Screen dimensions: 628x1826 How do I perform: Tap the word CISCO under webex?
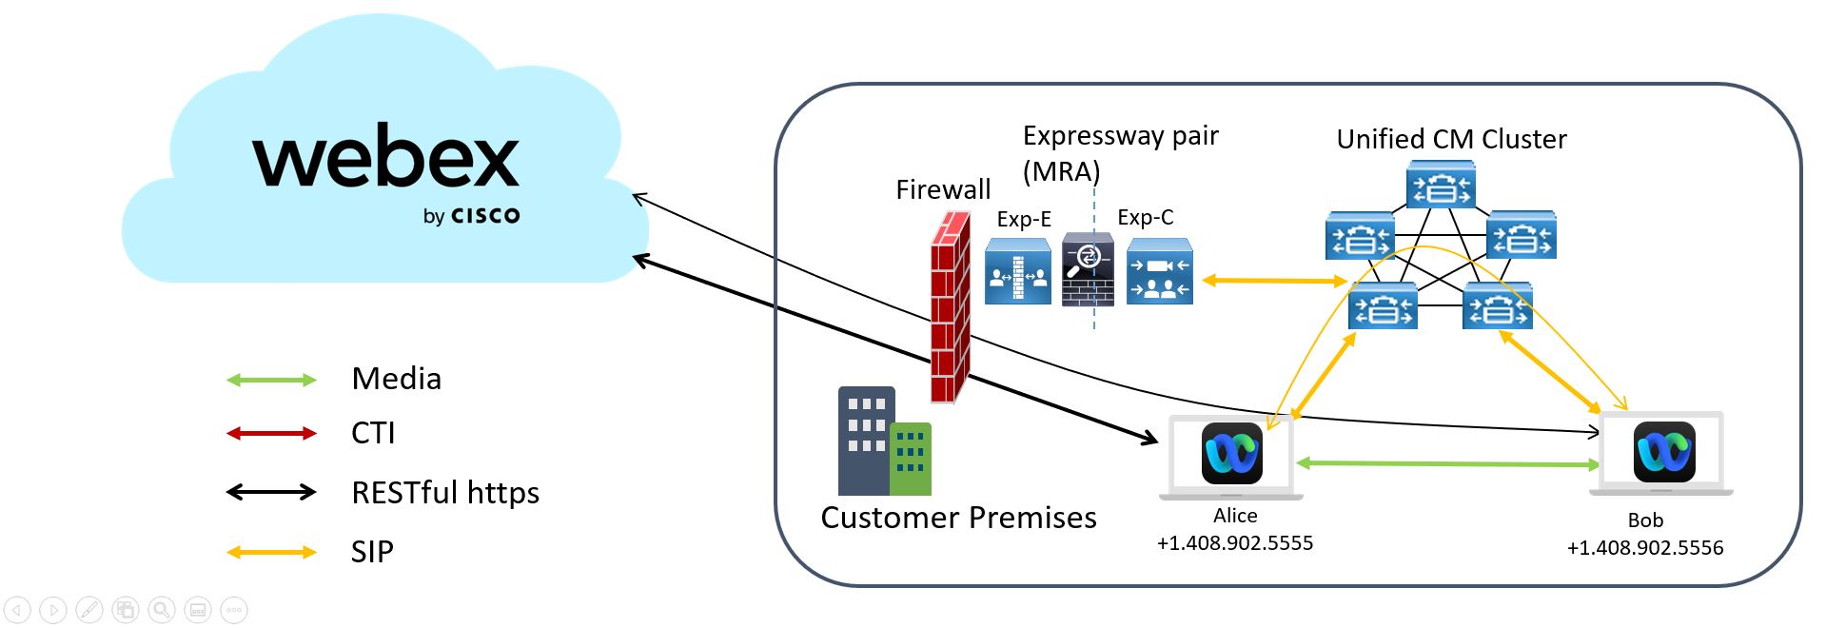[485, 216]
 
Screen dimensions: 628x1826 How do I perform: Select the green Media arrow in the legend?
[271, 381]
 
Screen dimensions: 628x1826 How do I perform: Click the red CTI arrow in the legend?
[271, 434]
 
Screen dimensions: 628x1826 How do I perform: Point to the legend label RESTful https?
[444, 493]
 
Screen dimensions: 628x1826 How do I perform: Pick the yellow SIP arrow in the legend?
[271, 552]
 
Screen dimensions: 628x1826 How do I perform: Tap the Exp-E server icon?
[1017, 272]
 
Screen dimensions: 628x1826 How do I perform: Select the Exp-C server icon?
[1159, 272]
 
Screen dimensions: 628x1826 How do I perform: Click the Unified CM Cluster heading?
[1450, 140]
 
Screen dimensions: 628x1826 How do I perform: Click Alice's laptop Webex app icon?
[1231, 453]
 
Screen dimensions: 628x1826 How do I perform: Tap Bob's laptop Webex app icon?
[1663, 451]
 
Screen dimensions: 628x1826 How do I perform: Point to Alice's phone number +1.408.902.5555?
[1234, 543]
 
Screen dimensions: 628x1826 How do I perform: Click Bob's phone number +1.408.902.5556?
[1644, 548]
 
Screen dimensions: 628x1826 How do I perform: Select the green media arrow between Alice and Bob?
[1446, 463]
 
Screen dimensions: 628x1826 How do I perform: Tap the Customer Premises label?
[957, 519]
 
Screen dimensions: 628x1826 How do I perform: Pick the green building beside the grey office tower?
[911, 459]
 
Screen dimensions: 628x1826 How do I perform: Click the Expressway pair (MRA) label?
[1119, 153]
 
